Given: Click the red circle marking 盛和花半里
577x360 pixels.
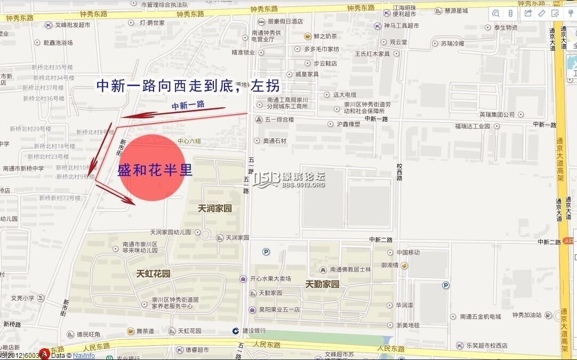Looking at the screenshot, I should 152,169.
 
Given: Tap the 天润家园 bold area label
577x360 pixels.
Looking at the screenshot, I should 214,208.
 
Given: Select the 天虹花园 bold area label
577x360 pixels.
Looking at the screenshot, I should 153,274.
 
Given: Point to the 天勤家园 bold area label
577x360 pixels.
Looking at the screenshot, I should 322,284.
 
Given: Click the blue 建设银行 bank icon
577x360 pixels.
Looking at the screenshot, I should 236,331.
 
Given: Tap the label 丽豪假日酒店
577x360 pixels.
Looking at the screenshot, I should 285,22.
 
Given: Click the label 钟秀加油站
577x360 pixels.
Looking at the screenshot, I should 526,315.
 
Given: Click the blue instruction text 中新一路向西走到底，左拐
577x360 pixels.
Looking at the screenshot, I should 187,86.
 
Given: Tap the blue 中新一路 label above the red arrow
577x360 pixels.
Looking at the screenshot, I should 188,105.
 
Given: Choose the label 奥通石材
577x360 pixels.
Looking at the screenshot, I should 275,141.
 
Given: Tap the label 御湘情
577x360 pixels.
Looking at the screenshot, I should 391,265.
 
